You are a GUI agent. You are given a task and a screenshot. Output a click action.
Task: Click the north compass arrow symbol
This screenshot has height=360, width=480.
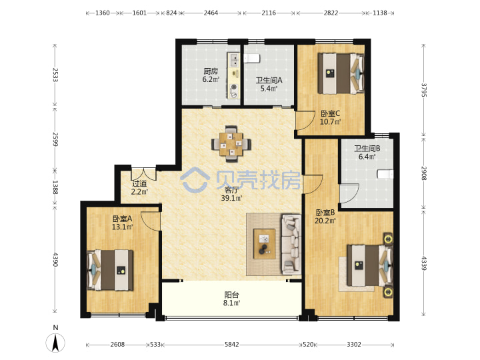point(55,343)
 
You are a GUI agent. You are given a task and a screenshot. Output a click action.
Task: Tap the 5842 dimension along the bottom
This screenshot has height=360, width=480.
point(232,345)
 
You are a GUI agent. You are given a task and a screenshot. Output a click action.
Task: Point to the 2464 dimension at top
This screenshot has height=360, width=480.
point(211,13)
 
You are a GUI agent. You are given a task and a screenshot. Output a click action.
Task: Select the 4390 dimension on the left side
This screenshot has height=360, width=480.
point(55,259)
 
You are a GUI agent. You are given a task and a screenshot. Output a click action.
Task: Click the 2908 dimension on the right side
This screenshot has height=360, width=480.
point(424,173)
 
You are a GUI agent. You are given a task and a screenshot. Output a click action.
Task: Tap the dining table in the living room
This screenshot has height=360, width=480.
point(231,143)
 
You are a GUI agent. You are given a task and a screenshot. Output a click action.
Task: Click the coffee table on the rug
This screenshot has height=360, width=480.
point(264,244)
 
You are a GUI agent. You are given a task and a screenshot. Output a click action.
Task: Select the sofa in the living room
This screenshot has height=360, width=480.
point(291,244)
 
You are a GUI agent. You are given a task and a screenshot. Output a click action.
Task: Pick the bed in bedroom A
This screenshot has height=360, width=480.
point(111,270)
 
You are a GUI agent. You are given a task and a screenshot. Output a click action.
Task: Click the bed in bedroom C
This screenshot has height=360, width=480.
point(341,73)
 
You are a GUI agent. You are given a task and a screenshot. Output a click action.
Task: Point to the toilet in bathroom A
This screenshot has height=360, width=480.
point(252,58)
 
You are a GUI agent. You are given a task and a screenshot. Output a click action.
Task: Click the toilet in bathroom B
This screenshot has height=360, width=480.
point(385,174)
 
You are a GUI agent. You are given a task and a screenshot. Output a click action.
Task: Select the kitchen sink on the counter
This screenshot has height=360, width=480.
point(234,60)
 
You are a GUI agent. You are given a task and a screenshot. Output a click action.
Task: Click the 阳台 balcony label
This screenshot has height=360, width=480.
point(231,295)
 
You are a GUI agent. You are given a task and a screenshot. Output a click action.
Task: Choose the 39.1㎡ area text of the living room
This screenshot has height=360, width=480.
point(231,198)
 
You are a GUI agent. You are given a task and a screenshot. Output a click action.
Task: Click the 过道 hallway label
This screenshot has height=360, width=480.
point(139,184)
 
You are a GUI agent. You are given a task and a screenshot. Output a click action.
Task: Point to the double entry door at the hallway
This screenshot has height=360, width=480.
point(143,174)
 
